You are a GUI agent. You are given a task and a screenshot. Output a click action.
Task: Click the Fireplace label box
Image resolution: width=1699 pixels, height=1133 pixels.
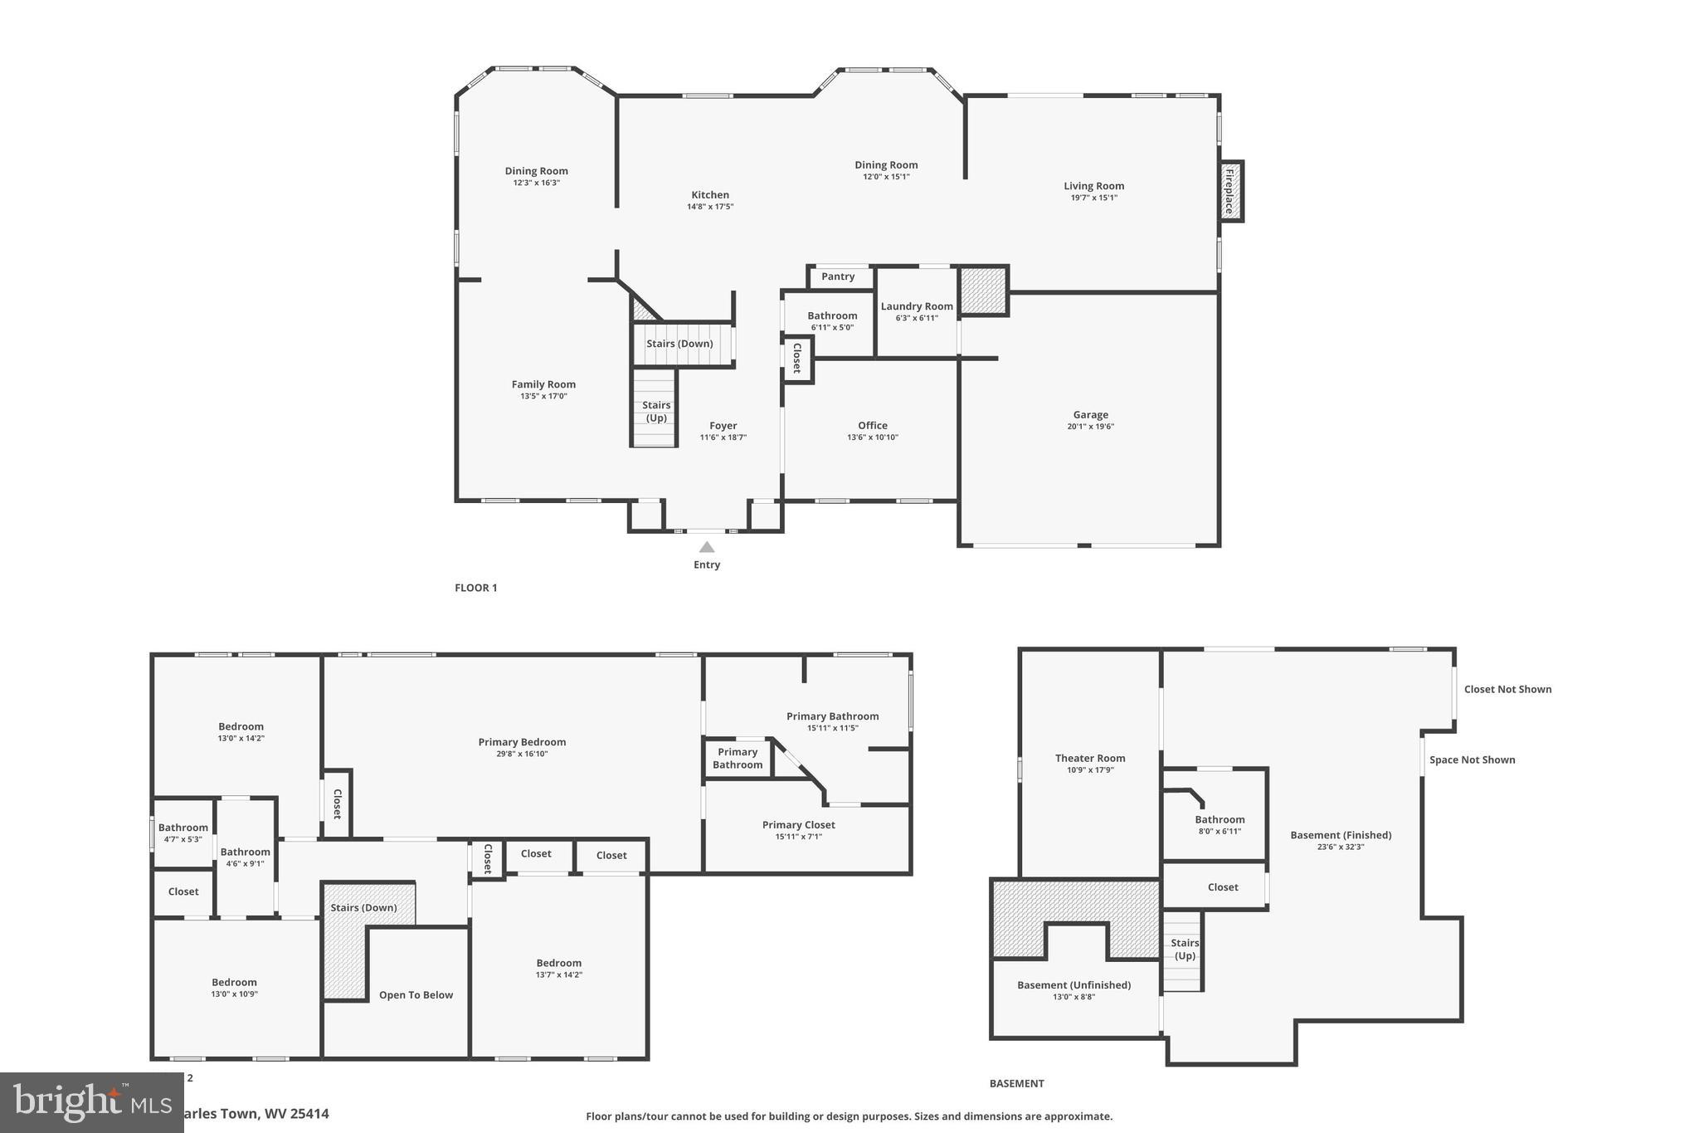[x=1230, y=191]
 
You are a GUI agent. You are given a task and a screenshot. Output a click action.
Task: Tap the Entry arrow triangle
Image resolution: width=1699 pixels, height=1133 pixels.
[x=707, y=547]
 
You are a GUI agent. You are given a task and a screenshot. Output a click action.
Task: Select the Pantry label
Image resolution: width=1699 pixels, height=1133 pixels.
[x=838, y=276]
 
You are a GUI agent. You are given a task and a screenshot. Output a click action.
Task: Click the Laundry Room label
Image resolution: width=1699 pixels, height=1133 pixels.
[x=917, y=306]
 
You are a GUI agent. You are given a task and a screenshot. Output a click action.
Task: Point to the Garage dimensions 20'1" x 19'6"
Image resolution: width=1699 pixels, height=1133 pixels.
[x=1090, y=427]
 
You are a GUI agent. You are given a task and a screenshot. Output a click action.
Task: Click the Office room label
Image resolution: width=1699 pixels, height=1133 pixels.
[x=873, y=425]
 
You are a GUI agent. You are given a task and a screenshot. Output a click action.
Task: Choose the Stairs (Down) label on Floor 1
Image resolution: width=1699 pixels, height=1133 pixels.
[x=679, y=344]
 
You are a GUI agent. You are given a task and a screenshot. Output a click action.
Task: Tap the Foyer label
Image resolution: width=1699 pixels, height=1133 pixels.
[x=723, y=425]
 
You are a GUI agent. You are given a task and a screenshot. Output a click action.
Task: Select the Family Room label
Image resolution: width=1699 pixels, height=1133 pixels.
[x=543, y=384]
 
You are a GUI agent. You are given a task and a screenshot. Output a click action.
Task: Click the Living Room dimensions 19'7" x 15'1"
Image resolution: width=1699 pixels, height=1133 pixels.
[x=1093, y=198]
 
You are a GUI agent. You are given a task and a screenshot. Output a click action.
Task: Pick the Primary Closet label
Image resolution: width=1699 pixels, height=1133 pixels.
[x=798, y=824]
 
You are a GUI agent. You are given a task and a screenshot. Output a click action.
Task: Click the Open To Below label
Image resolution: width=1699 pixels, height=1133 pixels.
[x=416, y=995]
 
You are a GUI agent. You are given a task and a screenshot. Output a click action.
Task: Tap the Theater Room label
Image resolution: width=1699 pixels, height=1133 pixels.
[x=1090, y=758]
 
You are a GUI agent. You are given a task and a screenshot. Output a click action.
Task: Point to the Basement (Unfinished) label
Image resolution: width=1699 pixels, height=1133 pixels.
[x=1073, y=985]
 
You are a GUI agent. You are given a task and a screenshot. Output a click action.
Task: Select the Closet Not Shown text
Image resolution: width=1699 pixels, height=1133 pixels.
[x=1507, y=689]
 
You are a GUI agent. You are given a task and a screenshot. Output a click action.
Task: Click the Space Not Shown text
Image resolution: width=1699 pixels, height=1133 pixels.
[x=1472, y=759]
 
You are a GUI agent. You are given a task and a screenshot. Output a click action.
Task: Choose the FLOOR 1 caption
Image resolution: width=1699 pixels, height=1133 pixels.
[x=475, y=588]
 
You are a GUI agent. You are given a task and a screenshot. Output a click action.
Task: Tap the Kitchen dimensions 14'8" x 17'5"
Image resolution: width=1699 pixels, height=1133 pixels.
[x=709, y=207]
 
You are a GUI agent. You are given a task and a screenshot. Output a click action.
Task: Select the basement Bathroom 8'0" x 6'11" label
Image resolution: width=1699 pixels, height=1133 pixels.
[x=1219, y=819]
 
